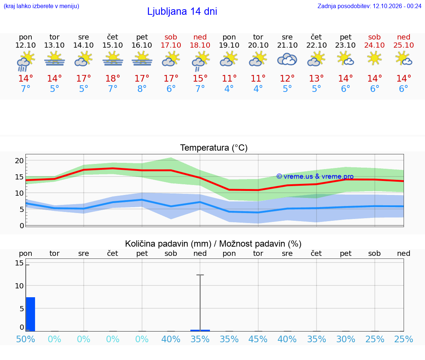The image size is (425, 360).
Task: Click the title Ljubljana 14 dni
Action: coord(182,11)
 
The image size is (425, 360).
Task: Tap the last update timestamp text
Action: coord(369,6)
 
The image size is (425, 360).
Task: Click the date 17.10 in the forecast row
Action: coord(171,45)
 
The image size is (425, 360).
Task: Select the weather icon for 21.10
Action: coord(287,59)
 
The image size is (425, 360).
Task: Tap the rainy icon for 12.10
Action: coord(25,61)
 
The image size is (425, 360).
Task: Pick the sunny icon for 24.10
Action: coord(374,58)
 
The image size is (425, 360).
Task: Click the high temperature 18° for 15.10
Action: coord(113,78)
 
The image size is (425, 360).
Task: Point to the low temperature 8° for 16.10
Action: coord(142,89)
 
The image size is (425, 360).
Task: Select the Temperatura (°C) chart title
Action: coord(214,148)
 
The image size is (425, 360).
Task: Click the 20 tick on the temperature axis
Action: coord(19,161)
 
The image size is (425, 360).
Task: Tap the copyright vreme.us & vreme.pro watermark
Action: coord(315,176)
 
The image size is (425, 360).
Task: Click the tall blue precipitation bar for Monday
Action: coord(31,314)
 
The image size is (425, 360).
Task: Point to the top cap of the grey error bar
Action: coord(200,275)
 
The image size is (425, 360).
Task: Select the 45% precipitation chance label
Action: coord(258,339)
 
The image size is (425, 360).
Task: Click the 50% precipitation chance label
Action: coord(25,339)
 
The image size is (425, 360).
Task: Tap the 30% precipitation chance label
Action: coord(346,339)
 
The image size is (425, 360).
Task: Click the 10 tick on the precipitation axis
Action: coord(19,286)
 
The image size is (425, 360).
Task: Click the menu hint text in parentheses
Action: coord(41,6)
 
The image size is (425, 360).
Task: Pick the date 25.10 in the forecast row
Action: coord(404,45)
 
